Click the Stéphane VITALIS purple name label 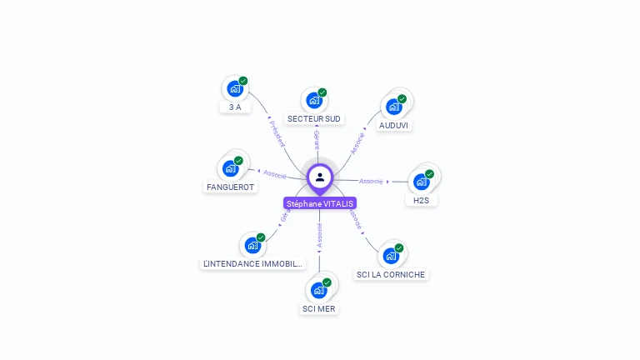click(x=320, y=203)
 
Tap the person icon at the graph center click(x=320, y=177)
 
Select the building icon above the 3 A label click(x=235, y=88)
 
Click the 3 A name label click(x=235, y=107)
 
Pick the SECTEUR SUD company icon click(x=314, y=100)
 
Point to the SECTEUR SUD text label click(x=314, y=119)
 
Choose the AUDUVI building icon click(x=394, y=106)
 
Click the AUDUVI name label click(x=395, y=125)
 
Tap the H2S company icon click(x=422, y=181)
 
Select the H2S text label click(x=421, y=200)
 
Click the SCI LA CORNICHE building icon click(x=391, y=255)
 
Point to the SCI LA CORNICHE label click(x=391, y=274)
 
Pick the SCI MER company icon click(x=319, y=289)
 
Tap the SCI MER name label click(x=319, y=308)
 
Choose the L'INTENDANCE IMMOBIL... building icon click(x=252, y=245)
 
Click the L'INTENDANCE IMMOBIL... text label click(x=253, y=264)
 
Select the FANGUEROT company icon click(x=231, y=167)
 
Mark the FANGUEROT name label click(x=230, y=187)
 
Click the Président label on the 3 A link click(x=277, y=133)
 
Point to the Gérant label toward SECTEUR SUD click(x=317, y=140)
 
